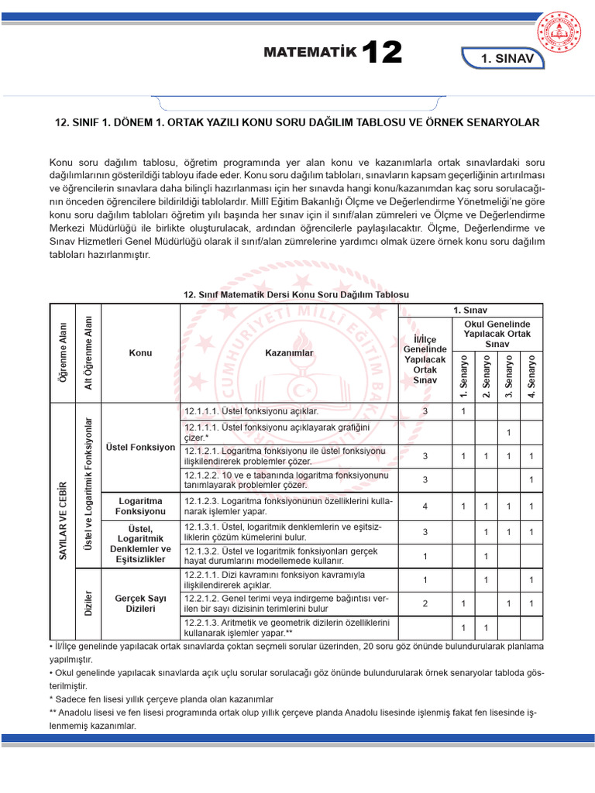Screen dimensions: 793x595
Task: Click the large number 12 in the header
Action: coord(381,53)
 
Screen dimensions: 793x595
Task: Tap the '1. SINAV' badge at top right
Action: coord(507,59)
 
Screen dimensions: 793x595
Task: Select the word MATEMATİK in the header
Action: coord(310,53)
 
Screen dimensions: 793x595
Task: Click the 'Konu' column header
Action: coord(140,352)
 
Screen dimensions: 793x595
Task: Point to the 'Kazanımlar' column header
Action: coord(289,352)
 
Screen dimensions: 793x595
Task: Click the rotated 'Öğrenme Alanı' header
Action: coord(64,352)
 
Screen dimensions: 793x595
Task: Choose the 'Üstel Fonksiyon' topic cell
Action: coord(140,448)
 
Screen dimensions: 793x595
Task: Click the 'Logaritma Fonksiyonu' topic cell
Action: coord(140,506)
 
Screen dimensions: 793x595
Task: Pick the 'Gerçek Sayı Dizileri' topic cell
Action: coord(140,603)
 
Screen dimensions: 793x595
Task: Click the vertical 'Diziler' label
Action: coord(89,603)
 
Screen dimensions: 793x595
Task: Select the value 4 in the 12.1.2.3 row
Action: coord(425,506)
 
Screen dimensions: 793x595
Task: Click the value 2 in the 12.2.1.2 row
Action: coord(425,603)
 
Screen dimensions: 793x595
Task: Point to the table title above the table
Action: coord(297,295)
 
